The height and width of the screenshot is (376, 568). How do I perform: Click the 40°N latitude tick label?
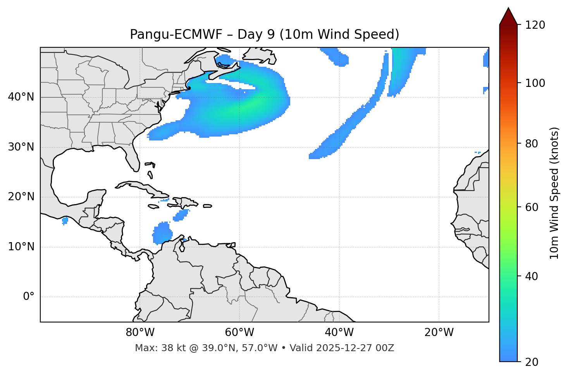pyautogui.click(x=21, y=97)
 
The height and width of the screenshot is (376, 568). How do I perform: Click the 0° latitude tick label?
pyautogui.click(x=29, y=297)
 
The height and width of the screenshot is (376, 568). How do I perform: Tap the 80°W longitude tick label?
pyautogui.click(x=140, y=333)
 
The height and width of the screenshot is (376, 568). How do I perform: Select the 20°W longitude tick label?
pyautogui.click(x=439, y=333)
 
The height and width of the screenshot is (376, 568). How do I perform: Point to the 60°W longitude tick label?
pyautogui.click(x=239, y=333)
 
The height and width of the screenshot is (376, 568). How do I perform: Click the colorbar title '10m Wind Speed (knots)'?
pyautogui.click(x=554, y=193)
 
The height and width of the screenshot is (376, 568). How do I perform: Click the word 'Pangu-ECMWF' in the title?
pyautogui.click(x=176, y=35)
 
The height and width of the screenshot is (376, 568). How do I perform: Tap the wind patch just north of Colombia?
pyautogui.click(x=162, y=233)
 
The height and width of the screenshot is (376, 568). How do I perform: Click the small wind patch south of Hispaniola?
pyautogui.click(x=181, y=215)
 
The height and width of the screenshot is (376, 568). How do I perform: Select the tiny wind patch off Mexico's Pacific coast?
pyautogui.click(x=65, y=221)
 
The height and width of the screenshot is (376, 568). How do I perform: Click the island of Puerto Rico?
pyautogui.click(x=208, y=206)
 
